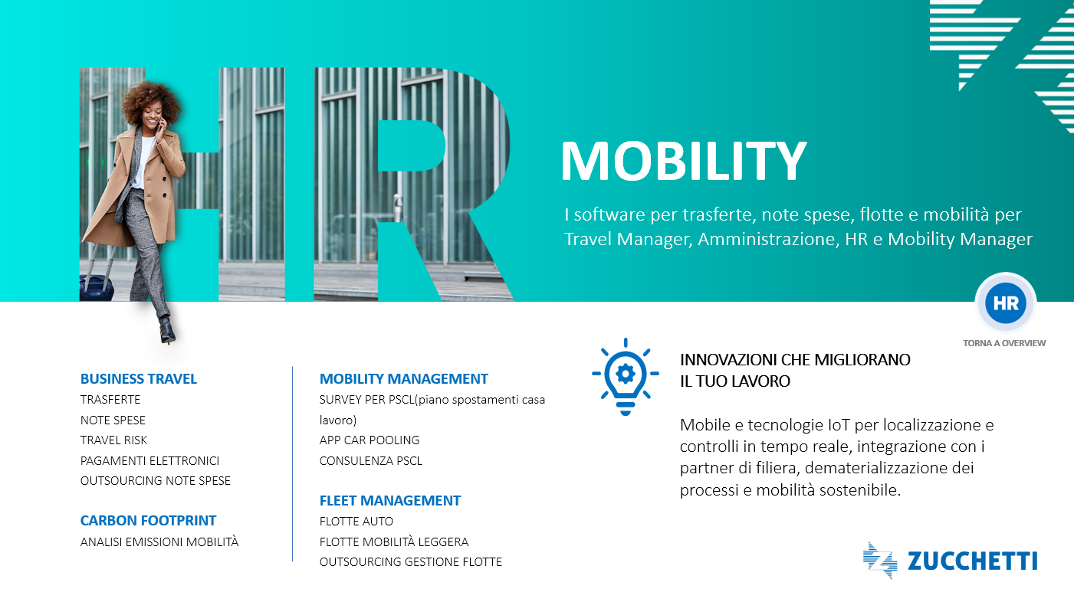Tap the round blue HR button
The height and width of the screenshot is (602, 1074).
pyautogui.click(x=1006, y=303)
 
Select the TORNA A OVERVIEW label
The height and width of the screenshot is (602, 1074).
pyautogui.click(x=1004, y=343)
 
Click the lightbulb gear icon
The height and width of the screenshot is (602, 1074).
pyautogui.click(x=626, y=376)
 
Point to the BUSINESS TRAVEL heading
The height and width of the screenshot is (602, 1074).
pyautogui.click(x=139, y=379)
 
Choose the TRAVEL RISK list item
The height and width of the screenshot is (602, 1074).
pyautogui.click(x=113, y=440)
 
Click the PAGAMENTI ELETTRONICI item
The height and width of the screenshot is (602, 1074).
pyautogui.click(x=149, y=461)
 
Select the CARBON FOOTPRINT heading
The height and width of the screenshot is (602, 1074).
pyautogui.click(x=148, y=521)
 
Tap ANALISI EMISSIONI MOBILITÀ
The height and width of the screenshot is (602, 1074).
pyautogui.click(x=159, y=541)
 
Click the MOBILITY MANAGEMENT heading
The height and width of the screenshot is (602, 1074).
pyautogui.click(x=404, y=379)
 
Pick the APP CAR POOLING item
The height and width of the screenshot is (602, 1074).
pyautogui.click(x=369, y=440)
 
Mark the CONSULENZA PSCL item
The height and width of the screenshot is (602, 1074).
pyautogui.click(x=370, y=461)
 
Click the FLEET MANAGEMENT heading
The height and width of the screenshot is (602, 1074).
pyautogui.click(x=389, y=500)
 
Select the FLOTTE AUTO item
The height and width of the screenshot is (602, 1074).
pyautogui.click(x=356, y=521)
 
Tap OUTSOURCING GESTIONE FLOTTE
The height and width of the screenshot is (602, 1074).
pyautogui.click(x=410, y=561)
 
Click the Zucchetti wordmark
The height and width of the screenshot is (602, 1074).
pyautogui.click(x=972, y=561)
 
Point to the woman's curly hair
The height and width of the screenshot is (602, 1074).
pyautogui.click(x=150, y=100)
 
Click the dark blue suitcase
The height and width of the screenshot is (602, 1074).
pyautogui.click(x=96, y=288)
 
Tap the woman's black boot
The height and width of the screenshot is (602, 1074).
pyautogui.click(x=167, y=330)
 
